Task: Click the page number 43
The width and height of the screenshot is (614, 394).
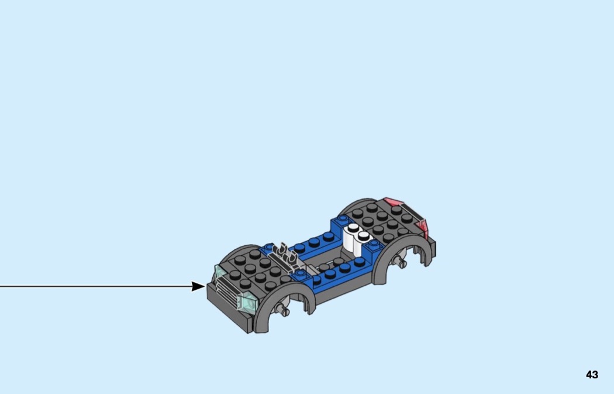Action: (x=592, y=375)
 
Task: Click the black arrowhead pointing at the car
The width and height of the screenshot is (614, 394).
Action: (x=198, y=286)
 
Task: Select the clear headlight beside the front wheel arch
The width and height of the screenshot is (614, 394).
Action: (x=248, y=302)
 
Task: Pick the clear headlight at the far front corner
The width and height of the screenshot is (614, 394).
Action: (x=220, y=273)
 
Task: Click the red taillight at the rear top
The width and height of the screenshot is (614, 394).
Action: (x=394, y=203)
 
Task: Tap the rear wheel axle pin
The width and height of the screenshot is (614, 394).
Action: (x=401, y=262)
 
